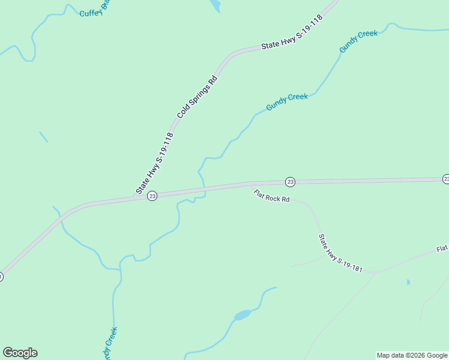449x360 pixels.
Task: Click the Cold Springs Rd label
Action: pos(197,96)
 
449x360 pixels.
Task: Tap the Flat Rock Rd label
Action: pos(272,196)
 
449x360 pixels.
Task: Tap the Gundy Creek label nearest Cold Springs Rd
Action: pos(287,101)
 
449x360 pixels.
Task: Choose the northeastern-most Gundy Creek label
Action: pos(358,41)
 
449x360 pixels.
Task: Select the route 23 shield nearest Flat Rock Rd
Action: pos(290,182)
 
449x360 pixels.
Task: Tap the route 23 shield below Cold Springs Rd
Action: pos(152,196)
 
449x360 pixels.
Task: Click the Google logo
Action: pos(20,353)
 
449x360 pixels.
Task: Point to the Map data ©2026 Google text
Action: pos(412,355)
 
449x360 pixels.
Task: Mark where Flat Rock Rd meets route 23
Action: pos(250,184)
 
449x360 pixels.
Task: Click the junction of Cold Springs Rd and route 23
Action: pos(133,197)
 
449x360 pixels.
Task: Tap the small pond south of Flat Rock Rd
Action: pos(242,315)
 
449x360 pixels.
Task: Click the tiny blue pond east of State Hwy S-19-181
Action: pos(408,282)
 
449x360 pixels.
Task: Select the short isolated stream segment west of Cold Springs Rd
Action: pos(43,137)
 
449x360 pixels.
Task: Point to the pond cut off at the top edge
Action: pos(214,5)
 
